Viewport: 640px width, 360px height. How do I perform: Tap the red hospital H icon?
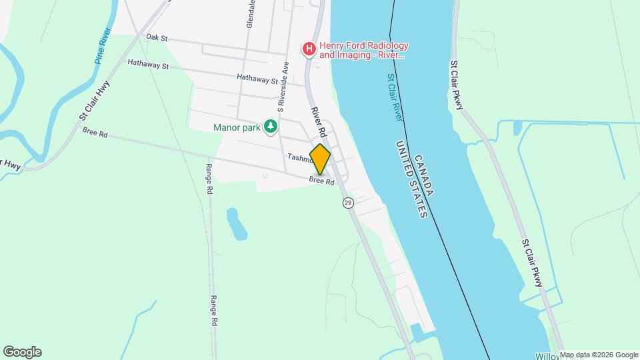tap(309, 49)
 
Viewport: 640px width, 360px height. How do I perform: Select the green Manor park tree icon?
tap(270, 127)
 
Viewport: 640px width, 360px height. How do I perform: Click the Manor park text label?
tap(235, 127)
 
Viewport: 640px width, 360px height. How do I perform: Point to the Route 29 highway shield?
tap(348, 203)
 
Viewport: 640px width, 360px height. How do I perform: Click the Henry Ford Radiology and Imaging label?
tap(363, 50)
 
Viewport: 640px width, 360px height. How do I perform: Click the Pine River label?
tap(102, 45)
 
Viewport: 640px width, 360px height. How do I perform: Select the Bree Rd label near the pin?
tap(321, 180)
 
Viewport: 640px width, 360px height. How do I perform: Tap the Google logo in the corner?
tap(22, 352)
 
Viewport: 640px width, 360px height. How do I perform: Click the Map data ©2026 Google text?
tap(599, 355)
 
